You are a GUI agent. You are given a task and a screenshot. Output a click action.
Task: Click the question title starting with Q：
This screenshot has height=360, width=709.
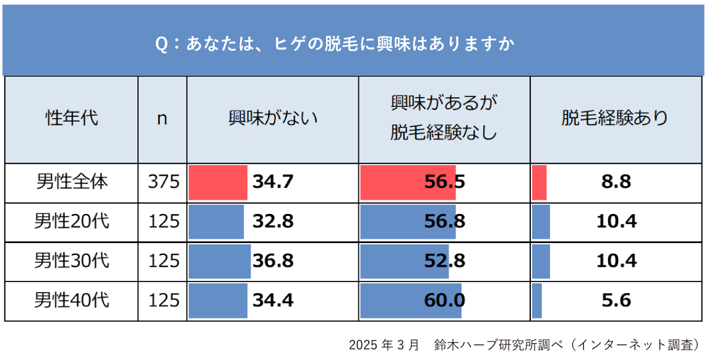[x=335, y=45]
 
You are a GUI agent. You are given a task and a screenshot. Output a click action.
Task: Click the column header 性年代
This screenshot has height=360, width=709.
[x=72, y=118]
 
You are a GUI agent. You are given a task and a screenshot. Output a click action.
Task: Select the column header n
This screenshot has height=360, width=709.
[x=162, y=118]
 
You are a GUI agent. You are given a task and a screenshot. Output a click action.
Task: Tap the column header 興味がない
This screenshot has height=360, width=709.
[x=273, y=118]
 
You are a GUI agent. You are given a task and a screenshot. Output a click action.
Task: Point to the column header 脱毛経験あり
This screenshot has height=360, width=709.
[x=615, y=118]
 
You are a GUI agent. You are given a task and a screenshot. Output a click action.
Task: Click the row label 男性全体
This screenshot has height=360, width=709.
[x=72, y=182]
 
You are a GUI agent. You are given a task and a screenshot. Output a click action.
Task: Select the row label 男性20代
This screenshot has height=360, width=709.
[x=72, y=221]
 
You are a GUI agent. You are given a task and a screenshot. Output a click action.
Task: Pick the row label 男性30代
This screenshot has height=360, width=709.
[x=72, y=260]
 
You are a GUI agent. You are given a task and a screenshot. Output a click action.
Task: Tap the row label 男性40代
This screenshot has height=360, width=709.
[x=72, y=301]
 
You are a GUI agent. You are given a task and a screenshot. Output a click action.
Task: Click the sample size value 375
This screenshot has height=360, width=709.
[x=163, y=182]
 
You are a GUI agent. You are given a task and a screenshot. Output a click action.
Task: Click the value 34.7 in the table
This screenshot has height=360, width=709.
[x=273, y=182]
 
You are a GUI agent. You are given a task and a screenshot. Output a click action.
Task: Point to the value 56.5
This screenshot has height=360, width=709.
[x=445, y=182]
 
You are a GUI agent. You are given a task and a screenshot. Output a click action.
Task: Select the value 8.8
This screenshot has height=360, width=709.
[x=616, y=182]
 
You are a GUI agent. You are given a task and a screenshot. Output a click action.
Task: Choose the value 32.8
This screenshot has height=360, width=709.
[x=273, y=221]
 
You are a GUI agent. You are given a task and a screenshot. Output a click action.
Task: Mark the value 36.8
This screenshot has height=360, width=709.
[x=273, y=261]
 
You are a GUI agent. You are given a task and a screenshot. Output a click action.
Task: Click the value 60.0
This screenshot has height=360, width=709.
[x=445, y=301]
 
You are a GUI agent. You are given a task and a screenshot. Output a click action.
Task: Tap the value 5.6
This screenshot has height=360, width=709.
[x=616, y=301]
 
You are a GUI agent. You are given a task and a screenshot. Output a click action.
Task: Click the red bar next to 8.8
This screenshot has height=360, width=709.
[x=539, y=182]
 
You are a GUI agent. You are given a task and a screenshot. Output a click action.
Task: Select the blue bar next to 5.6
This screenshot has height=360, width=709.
[x=537, y=301]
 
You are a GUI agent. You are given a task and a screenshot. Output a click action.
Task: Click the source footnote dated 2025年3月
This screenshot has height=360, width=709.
[x=526, y=344]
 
